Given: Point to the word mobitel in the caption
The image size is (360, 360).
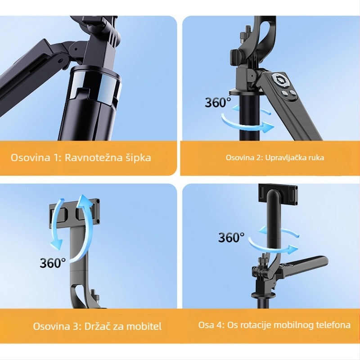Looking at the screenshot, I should coord(143,326).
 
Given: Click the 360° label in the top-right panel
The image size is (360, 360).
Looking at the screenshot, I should coord(218,102).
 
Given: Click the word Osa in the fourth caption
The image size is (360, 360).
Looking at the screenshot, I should coord(205,325).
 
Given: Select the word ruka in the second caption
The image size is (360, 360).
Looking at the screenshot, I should coord(316,157).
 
